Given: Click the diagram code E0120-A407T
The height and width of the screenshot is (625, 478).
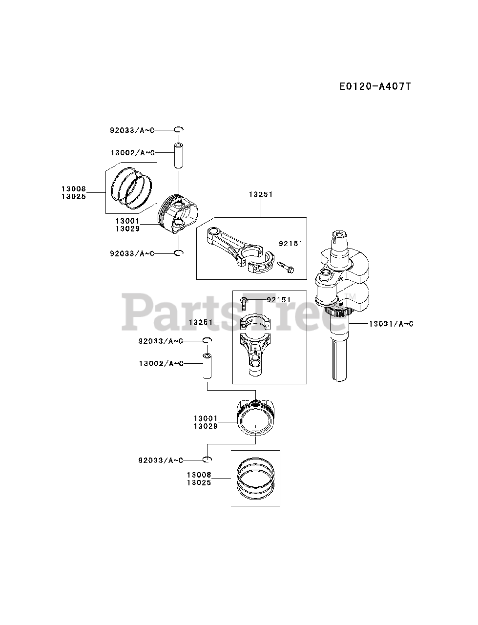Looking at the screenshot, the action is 375,86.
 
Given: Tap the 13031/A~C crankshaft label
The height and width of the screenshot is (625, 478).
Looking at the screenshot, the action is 391,324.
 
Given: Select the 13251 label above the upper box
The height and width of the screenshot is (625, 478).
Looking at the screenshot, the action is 261,194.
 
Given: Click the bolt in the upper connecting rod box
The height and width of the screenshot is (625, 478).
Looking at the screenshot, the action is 286,267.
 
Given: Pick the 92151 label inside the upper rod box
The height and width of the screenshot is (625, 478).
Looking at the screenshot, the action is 291,244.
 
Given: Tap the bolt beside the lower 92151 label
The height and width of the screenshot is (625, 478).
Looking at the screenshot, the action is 244,303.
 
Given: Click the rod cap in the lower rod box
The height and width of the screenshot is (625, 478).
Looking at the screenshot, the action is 255,322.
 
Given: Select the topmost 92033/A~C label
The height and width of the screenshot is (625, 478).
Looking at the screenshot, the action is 132,130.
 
